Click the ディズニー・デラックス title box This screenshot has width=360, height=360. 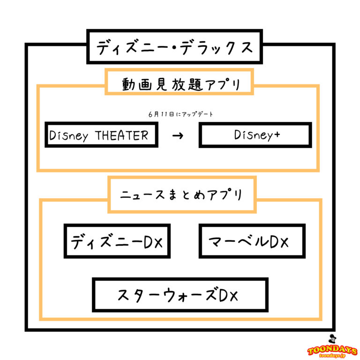pos(174,47)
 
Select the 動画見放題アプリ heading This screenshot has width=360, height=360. pos(180,85)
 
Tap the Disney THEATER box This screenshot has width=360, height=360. pos(101,135)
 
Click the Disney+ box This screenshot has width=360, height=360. pos(255,135)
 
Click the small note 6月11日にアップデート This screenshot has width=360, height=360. pos(180,114)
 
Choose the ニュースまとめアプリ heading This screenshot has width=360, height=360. pos(182,195)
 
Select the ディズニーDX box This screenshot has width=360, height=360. pos(117,241)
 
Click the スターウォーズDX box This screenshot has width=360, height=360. pos(180,295)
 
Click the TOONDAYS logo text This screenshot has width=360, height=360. pos(332,350)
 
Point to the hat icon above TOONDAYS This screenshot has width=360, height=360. pos(332,339)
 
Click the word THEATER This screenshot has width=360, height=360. pos(121,135)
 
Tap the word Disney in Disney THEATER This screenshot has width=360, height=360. pos(69,136)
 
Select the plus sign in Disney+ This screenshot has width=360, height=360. pos(277,135)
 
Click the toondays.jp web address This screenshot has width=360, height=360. pos(332,356)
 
